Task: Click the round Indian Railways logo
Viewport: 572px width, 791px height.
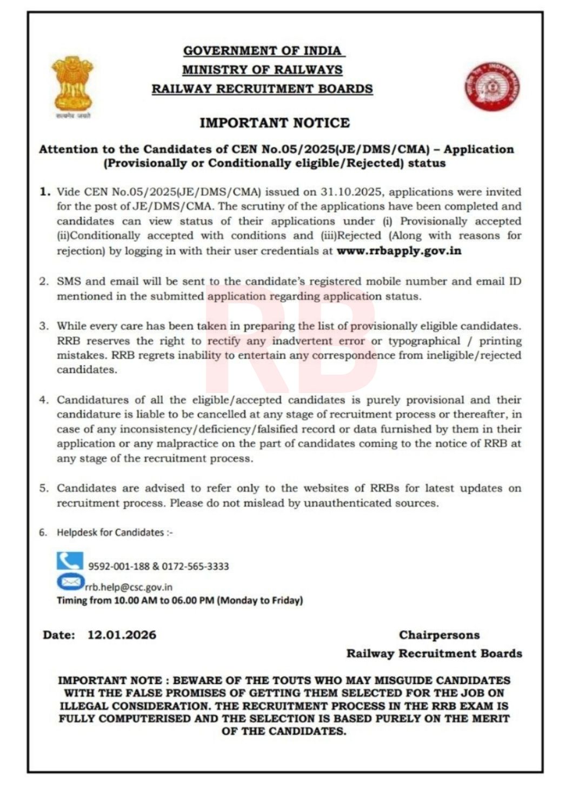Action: click(x=493, y=86)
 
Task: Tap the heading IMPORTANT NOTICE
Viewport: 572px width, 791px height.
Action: click(x=275, y=123)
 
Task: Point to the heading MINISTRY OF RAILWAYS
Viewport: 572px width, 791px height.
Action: click(x=262, y=70)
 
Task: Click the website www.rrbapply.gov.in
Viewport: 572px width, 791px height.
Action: click(x=399, y=251)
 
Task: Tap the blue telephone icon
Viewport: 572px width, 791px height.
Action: click(x=70, y=561)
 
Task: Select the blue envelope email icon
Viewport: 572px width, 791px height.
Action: click(x=70, y=582)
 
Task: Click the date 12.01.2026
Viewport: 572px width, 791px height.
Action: click(x=122, y=635)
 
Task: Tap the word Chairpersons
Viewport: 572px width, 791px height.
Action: click(x=439, y=635)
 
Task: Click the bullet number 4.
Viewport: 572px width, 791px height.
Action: click(x=44, y=400)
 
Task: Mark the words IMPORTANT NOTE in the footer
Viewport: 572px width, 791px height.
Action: click(x=110, y=680)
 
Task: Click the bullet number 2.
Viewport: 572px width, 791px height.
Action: click(x=44, y=282)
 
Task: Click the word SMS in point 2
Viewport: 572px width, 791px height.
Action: click(x=68, y=282)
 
